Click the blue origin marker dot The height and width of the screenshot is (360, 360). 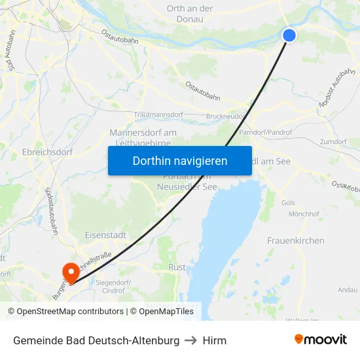[289, 35]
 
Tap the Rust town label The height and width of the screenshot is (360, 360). [177, 267]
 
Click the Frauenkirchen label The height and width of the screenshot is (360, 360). [295, 241]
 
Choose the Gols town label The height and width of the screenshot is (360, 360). [288, 203]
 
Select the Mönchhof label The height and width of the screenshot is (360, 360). [304, 214]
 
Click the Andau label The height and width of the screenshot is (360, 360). [348, 289]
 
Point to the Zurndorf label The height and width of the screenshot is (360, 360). [334, 142]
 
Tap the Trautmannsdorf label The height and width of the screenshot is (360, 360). [158, 115]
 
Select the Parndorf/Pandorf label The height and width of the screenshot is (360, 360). [266, 132]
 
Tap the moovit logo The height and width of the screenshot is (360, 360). [321, 339]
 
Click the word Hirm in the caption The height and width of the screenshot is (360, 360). [214, 340]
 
